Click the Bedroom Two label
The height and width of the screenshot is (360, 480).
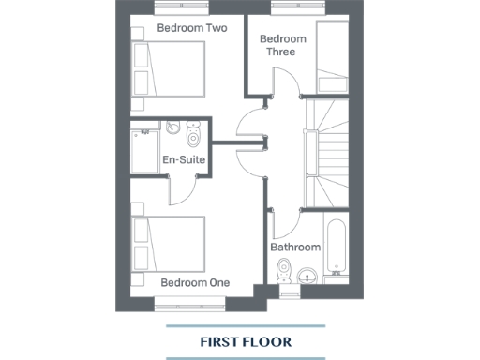tap(191, 28)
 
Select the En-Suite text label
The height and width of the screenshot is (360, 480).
tap(184, 159)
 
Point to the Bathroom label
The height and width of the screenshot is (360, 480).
tap(295, 247)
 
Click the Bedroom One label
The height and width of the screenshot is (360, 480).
tap(194, 282)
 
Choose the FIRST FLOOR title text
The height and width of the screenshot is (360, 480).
tap(246, 341)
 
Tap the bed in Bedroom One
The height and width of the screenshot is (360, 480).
tap(169, 242)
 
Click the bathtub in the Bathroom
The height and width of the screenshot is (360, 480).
tap(336, 246)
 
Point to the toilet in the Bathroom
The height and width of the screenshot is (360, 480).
tap(307, 275)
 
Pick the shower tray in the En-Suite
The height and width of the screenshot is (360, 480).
tap(145, 151)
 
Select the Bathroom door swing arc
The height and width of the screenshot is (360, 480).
tap(287, 225)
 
